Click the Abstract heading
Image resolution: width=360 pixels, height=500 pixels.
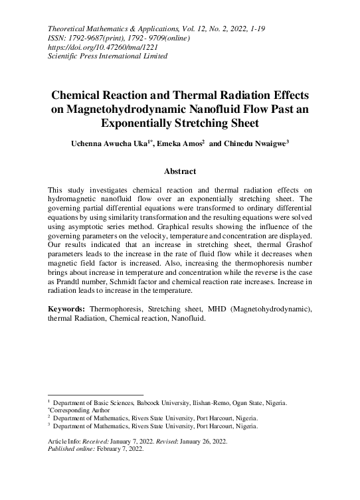[x=180, y=171]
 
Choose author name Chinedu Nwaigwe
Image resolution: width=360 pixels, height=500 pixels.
[x=254, y=143]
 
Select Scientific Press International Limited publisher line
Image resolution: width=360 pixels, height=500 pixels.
[x=108, y=56]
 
